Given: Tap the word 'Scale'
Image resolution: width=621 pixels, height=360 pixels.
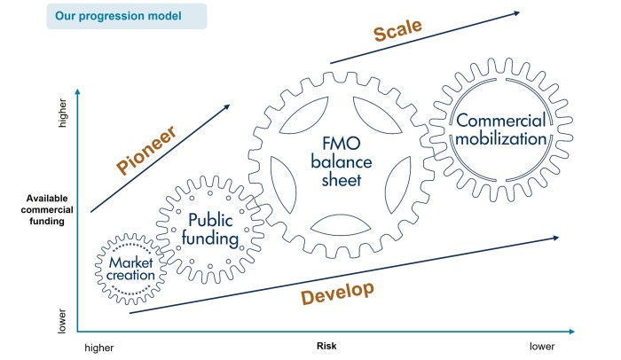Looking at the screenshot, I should pyautogui.click(x=398, y=33).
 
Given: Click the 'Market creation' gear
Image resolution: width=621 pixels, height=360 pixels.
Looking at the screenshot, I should pyautogui.click(x=132, y=269).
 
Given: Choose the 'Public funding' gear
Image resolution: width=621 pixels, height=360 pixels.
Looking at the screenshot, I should pyautogui.click(x=210, y=230).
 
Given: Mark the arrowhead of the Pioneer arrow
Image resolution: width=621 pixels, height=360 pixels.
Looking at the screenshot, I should pyautogui.click(x=226, y=106).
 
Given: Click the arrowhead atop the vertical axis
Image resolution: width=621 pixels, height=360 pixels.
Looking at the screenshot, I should pyautogui.click(x=78, y=92).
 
